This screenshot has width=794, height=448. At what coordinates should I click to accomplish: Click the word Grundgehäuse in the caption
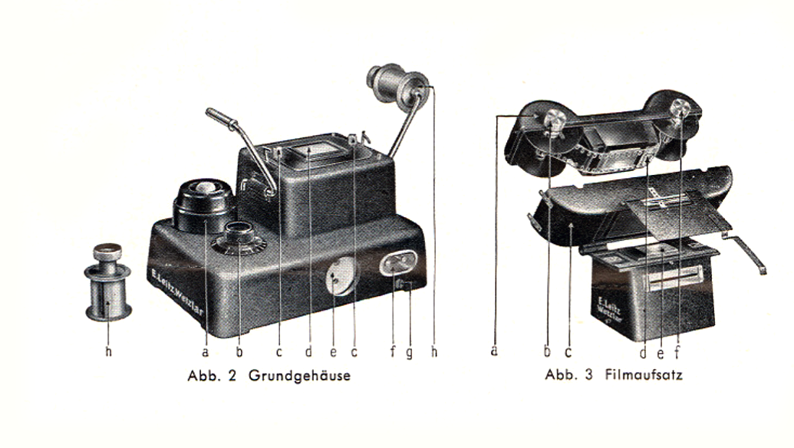(x=299, y=376)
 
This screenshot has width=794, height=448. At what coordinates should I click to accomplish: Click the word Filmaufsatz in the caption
(x=644, y=374)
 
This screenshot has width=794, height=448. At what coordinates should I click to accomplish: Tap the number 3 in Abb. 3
(x=588, y=374)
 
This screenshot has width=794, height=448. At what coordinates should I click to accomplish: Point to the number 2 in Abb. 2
(x=232, y=376)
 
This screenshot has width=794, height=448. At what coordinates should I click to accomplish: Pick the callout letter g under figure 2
(x=409, y=353)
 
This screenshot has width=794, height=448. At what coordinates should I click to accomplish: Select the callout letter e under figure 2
(x=333, y=352)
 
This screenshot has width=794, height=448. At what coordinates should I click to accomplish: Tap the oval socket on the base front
(x=398, y=264)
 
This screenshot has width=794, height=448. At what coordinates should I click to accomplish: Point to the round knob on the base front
(x=341, y=275)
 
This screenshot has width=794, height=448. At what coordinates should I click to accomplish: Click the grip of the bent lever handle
(x=221, y=118)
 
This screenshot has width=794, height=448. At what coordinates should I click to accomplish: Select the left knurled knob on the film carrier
(x=555, y=120)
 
